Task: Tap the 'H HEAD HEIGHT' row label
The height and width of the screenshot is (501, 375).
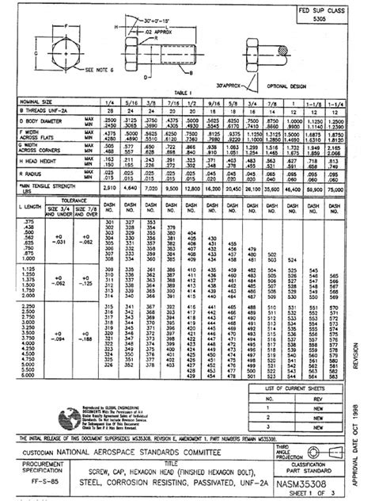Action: point(38,160)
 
